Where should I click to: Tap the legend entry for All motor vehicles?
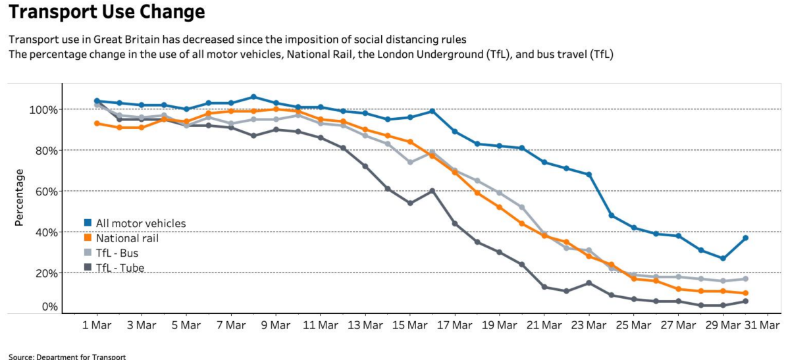(x=140, y=223)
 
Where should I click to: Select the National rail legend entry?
(x=127, y=238)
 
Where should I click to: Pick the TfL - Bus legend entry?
(x=117, y=253)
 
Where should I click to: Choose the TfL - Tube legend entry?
(x=120, y=267)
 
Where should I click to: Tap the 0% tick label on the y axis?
(x=51, y=307)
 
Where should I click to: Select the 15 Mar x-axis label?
(x=409, y=325)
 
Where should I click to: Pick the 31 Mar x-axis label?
(x=757, y=325)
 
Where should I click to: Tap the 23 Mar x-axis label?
(x=589, y=325)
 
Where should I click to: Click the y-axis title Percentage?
(x=20, y=197)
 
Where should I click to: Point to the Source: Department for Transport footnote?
(x=67, y=356)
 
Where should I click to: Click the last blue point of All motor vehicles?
(x=745, y=238)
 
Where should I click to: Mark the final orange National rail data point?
(x=745, y=294)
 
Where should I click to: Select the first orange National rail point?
(x=97, y=123)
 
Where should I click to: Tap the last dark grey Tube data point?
(x=745, y=301)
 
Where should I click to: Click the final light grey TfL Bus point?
(x=745, y=279)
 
